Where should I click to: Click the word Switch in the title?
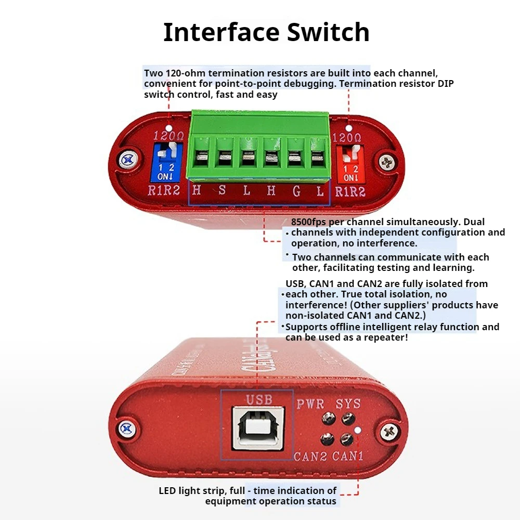pyautogui.click(x=328, y=32)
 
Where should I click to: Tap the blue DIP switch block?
pyautogui.click(x=166, y=162)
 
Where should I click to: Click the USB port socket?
pyautogui.click(x=258, y=428)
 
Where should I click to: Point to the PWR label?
pyautogui.click(x=310, y=404)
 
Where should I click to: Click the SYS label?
pyautogui.click(x=348, y=404)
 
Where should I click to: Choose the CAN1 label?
pyautogui.click(x=347, y=456)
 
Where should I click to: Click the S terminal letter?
pyautogui.click(x=222, y=190)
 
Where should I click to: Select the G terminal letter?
pyautogui.click(x=296, y=191)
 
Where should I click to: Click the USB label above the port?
pyautogui.click(x=259, y=399)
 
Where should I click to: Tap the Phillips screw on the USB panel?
pyautogui.click(x=389, y=432)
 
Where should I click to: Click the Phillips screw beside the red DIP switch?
pyautogui.click(x=387, y=162)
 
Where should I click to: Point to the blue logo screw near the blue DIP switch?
pyautogui.click(x=128, y=160)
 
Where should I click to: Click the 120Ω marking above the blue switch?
pyautogui.click(x=168, y=136)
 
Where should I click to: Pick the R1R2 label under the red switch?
pyautogui.click(x=350, y=192)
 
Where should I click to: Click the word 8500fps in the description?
pyautogui.click(x=308, y=222)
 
